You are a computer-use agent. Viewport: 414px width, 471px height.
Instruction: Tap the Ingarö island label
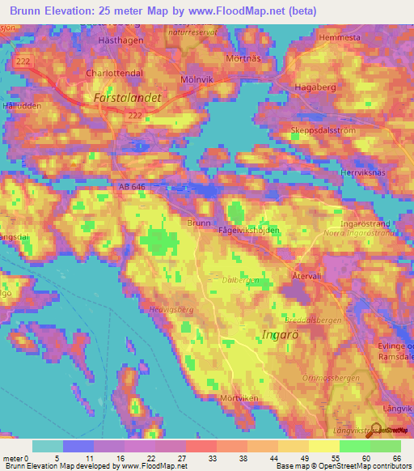click(283, 333)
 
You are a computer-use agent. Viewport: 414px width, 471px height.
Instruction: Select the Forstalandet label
click(128, 97)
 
